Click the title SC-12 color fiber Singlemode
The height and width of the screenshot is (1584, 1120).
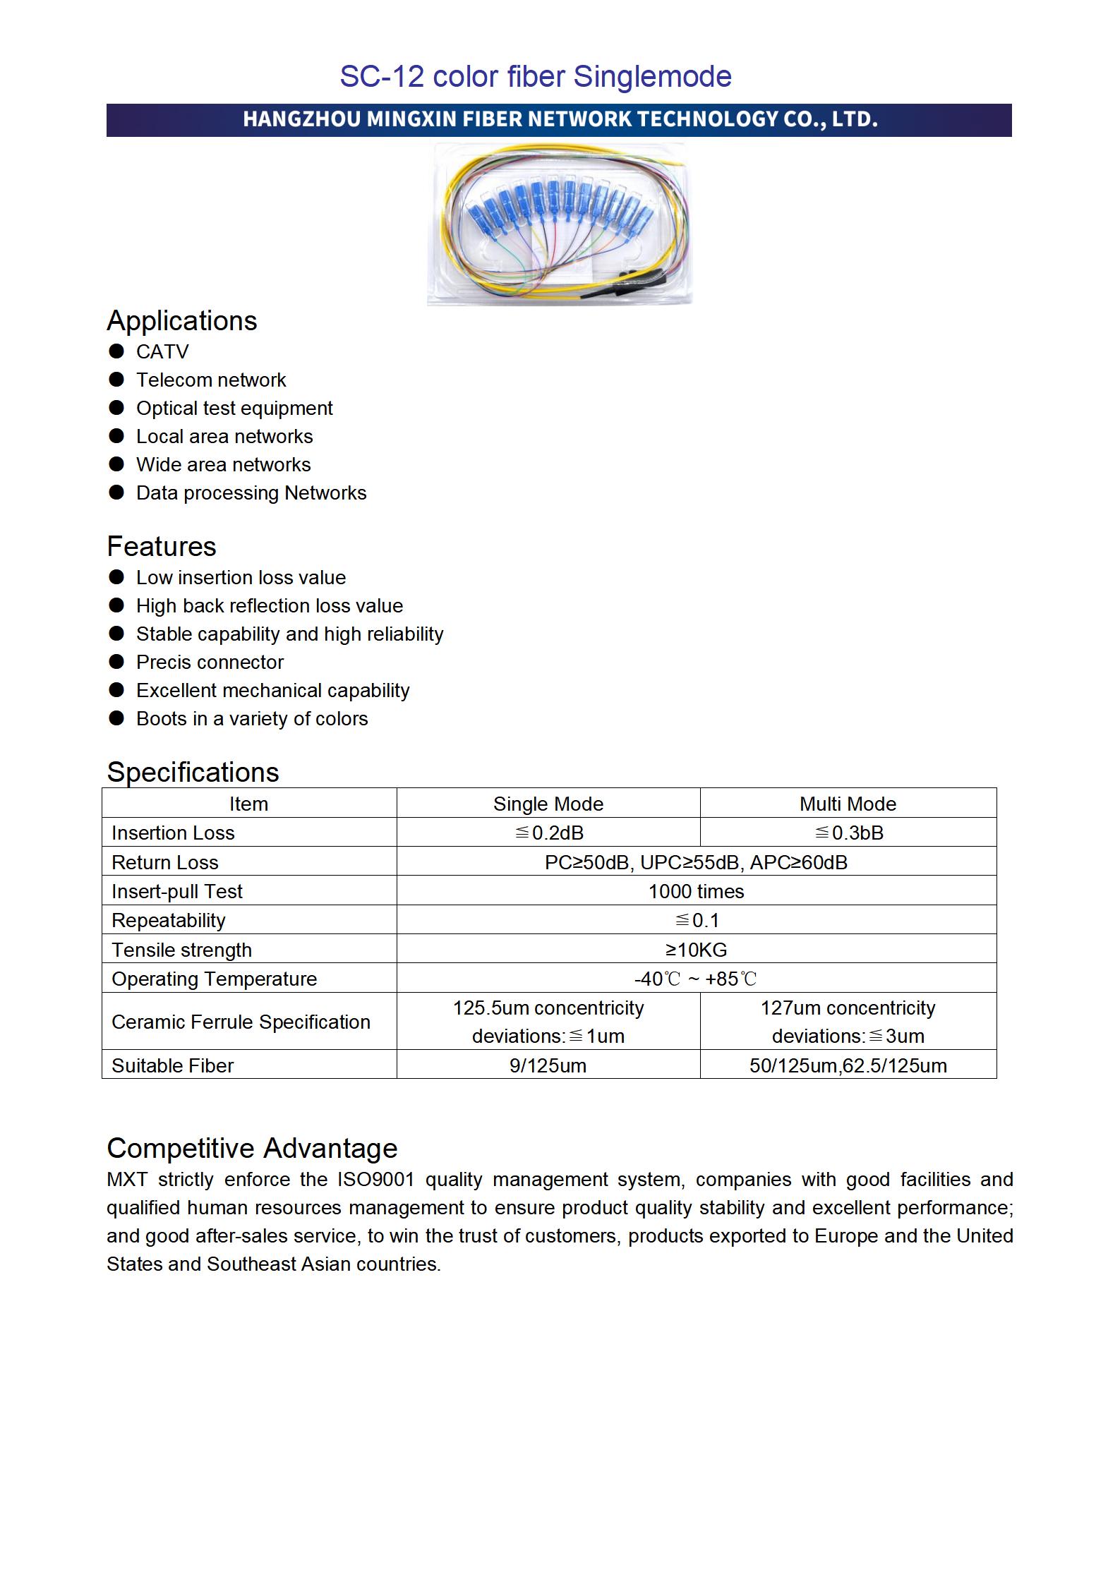tap(536, 76)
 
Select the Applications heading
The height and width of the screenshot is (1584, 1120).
tap(181, 321)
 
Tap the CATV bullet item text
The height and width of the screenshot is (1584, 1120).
tap(162, 351)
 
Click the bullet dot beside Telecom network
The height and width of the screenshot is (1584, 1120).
tap(116, 380)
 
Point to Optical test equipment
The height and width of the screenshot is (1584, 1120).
tap(234, 408)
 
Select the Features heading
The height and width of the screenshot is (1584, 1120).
tap(161, 547)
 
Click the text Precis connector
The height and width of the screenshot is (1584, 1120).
tap(210, 662)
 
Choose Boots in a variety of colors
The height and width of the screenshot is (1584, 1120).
tap(252, 718)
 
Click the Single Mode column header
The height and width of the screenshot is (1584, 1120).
tap(548, 804)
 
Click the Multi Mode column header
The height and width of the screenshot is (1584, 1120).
tap(848, 804)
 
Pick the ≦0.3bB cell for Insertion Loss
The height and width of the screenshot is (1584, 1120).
tap(849, 833)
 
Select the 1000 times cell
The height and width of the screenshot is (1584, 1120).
tap(696, 891)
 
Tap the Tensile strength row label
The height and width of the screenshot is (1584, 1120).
tap(181, 950)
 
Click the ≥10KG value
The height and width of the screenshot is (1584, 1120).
tap(696, 950)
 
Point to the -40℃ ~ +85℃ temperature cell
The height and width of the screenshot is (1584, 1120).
tap(696, 979)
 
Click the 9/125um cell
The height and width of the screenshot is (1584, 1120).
tap(548, 1065)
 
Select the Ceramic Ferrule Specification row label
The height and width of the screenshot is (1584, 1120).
tap(241, 1022)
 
